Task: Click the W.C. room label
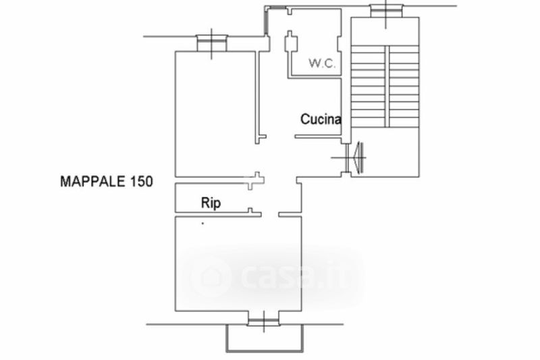322,63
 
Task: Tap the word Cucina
321,119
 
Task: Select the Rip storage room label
211,203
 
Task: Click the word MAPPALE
92,181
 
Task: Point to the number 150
141,181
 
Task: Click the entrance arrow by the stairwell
358,157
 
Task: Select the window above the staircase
385,11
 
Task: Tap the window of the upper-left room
211,43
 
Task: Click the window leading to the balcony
263,322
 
